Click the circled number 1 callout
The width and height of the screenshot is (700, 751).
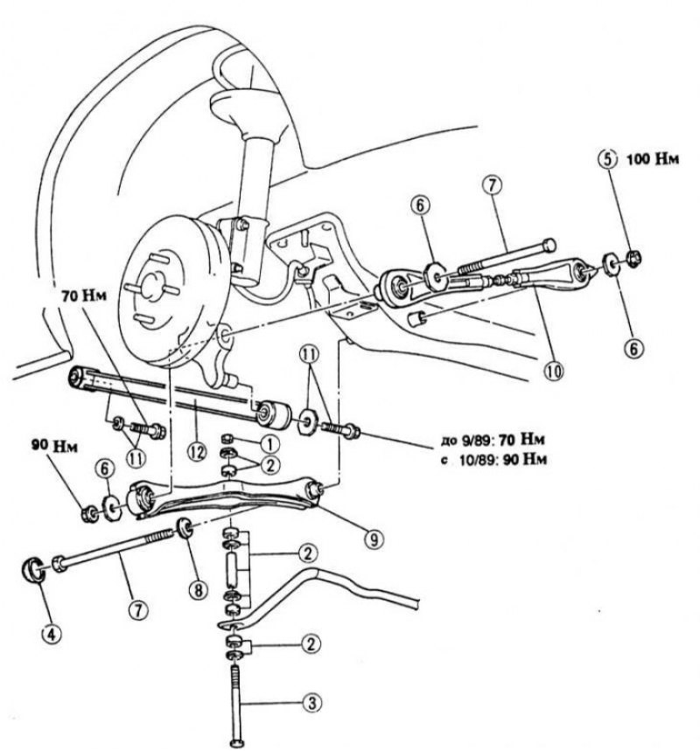[271, 444]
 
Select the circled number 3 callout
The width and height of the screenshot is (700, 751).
[311, 703]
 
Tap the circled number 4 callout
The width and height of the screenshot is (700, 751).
[52, 635]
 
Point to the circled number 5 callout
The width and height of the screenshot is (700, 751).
[607, 159]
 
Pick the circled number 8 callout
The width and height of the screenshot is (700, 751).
[198, 589]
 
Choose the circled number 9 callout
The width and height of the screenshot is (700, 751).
[374, 539]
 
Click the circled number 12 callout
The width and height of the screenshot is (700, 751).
[197, 453]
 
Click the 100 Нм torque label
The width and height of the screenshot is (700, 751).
[653, 159]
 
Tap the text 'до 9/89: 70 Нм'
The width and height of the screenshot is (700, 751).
[493, 439]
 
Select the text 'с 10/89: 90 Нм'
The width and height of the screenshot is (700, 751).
[493, 460]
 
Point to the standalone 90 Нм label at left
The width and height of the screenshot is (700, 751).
[54, 447]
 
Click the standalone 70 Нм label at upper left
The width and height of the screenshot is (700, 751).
[83, 296]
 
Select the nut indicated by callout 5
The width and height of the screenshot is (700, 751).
[633, 258]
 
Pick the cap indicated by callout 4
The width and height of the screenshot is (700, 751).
[33, 570]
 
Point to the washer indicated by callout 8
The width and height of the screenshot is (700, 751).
[185, 528]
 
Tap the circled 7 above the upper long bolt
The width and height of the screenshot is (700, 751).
[493, 186]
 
